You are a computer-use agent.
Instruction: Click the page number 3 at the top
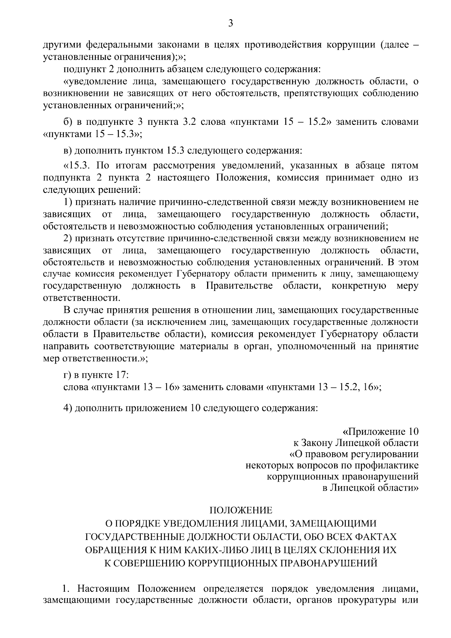[x=231, y=24]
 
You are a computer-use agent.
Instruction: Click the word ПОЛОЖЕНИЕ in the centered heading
[x=241, y=510]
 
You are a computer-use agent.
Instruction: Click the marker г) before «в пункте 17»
[x=67, y=375]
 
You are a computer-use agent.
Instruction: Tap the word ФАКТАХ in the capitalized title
[x=375, y=535]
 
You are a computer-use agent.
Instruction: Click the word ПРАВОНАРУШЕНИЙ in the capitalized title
[x=326, y=563]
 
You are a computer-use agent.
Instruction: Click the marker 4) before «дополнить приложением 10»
[x=68, y=408]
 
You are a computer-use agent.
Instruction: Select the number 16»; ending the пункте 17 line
[x=372, y=387]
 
